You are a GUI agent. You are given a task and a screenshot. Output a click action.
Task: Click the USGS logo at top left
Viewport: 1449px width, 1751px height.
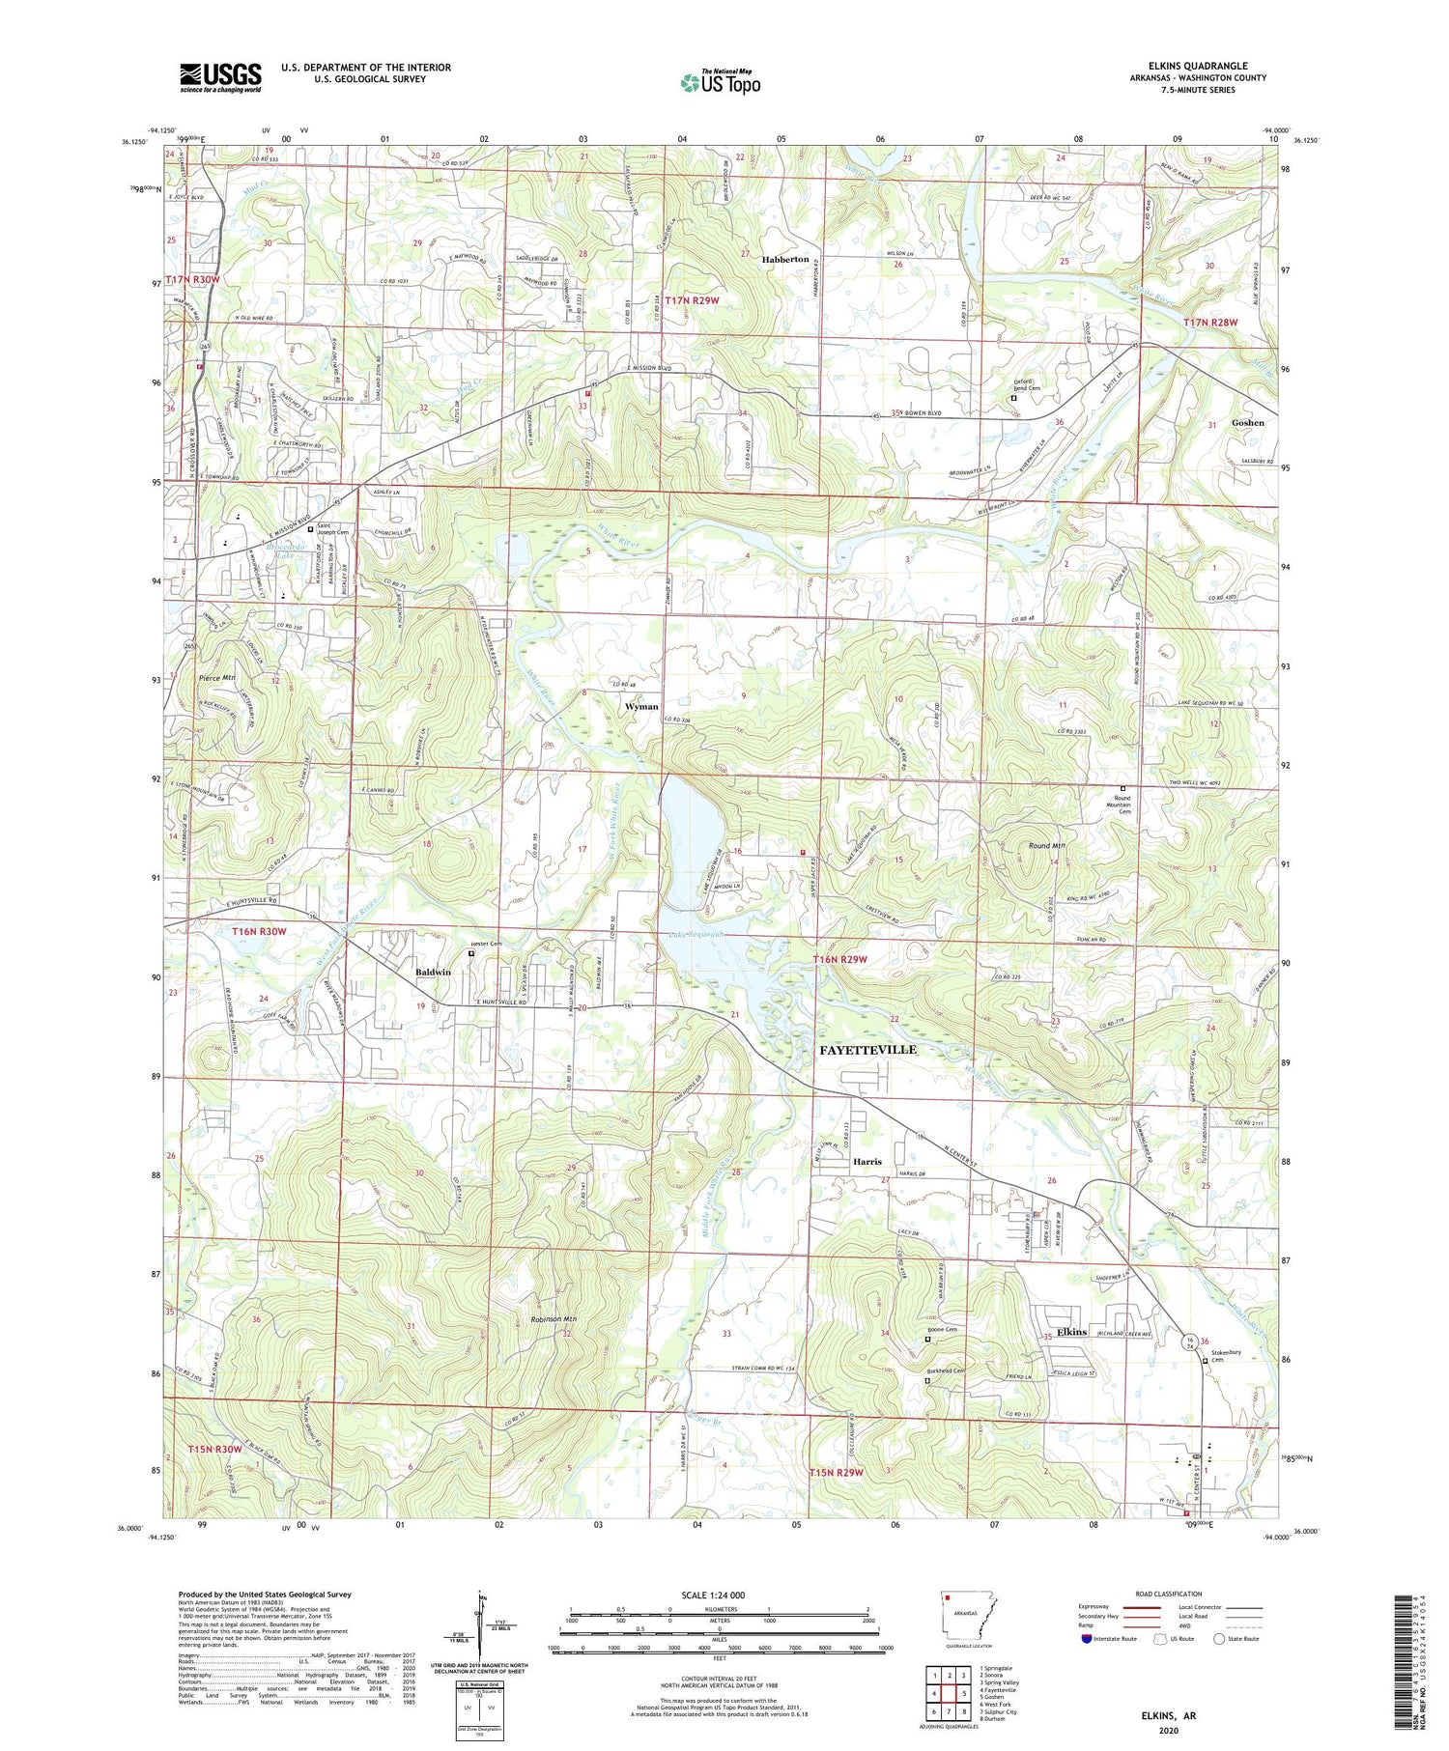(220, 77)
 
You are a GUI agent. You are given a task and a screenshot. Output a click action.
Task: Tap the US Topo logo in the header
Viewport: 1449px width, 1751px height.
(720, 83)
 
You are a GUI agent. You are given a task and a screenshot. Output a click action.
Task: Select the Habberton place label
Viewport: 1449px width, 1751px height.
(784, 260)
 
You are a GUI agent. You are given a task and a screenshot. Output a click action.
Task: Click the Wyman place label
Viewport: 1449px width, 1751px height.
(641, 706)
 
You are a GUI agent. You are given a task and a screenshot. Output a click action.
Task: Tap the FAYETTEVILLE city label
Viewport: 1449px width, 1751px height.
(867, 1049)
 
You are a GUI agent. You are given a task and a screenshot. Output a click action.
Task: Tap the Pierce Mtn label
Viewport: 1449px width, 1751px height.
(216, 678)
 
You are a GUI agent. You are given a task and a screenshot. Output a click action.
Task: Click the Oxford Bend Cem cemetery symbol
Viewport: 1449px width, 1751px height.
(1013, 398)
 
